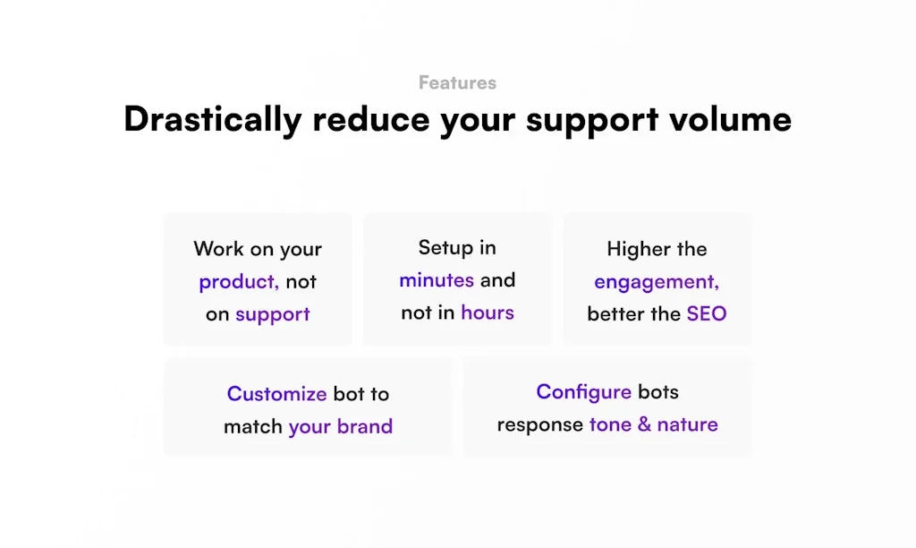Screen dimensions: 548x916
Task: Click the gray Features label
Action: (457, 83)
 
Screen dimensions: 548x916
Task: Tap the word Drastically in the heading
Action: (212, 119)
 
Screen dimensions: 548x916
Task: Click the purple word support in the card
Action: (272, 314)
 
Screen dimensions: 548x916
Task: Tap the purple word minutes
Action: (437, 280)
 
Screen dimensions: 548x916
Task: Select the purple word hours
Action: (488, 313)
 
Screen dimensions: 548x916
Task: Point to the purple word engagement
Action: (656, 282)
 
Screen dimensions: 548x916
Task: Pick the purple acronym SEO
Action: (707, 314)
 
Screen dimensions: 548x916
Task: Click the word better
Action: (619, 314)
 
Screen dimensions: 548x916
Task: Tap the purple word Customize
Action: (276, 394)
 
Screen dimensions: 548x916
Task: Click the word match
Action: (253, 426)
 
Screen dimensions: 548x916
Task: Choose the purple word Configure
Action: (583, 392)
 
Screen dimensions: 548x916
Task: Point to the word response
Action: (539, 424)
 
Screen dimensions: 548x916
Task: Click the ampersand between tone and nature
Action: (644, 424)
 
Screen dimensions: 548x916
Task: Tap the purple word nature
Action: (687, 424)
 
